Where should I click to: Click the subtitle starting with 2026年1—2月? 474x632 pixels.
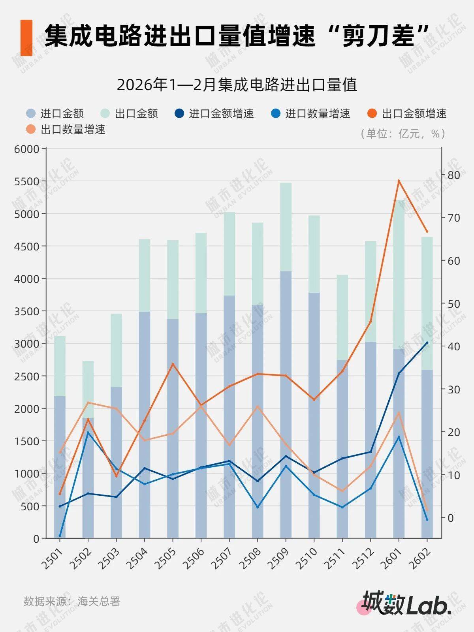[x=237, y=85]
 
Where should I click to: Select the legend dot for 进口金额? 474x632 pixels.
[x=31, y=114]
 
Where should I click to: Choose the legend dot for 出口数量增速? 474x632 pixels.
[x=31, y=130]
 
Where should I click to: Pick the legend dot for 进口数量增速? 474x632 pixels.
[x=276, y=114]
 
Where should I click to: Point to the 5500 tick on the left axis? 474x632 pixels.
[x=26, y=181]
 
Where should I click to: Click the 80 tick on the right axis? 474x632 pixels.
[x=453, y=175]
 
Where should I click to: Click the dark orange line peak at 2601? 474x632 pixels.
[x=399, y=181]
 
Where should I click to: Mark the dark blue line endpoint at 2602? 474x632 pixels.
[x=427, y=342]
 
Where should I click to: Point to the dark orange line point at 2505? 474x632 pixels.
[x=173, y=363]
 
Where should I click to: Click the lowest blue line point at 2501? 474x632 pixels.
[x=60, y=536]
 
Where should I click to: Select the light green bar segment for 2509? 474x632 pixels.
[x=286, y=227]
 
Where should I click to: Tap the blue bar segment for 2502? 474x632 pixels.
[x=88, y=478]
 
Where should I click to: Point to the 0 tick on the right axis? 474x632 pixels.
[x=451, y=518]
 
